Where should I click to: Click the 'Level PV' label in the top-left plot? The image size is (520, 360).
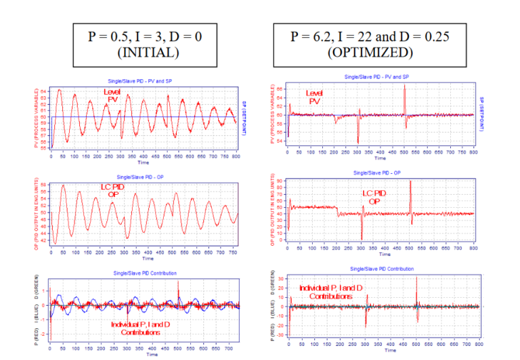[x=114, y=95]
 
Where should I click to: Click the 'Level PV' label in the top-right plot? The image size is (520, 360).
[x=313, y=97]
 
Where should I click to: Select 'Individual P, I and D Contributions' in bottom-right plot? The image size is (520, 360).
[x=326, y=292]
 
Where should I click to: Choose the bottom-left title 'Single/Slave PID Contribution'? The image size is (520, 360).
[x=144, y=273]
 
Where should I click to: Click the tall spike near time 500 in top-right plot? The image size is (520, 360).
[x=404, y=88]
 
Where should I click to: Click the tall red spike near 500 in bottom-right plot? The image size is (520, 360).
[x=416, y=279]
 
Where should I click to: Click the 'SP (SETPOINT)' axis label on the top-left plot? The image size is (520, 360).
[x=243, y=116]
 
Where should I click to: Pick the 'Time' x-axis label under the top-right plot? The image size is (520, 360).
[x=380, y=158]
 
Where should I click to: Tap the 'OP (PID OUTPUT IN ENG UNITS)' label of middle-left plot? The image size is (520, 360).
[x=43, y=213]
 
